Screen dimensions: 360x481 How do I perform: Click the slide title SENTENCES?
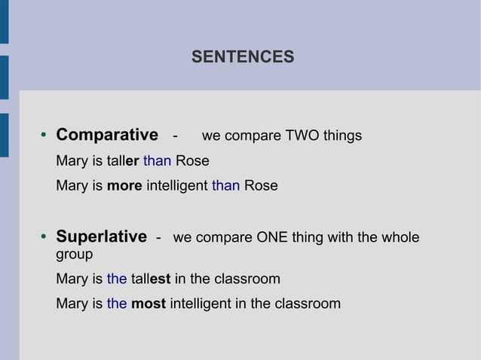click(x=243, y=56)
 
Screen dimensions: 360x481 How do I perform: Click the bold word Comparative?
click(x=107, y=136)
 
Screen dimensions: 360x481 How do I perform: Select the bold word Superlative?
click(x=101, y=237)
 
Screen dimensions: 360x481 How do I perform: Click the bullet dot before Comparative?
click(x=43, y=136)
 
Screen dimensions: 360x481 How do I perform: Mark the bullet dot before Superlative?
click(x=43, y=238)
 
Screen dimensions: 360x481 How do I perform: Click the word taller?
click(x=123, y=160)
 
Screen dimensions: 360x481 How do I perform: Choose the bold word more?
click(x=124, y=185)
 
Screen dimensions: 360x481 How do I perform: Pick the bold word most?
click(x=148, y=304)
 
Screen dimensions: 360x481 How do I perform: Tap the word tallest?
click(x=151, y=279)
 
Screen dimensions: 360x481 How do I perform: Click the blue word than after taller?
click(x=157, y=160)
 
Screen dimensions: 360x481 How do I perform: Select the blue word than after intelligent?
click(x=225, y=185)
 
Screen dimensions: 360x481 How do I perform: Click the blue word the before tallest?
click(x=117, y=279)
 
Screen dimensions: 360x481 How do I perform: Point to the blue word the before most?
click(x=117, y=304)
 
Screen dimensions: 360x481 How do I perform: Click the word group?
click(x=74, y=255)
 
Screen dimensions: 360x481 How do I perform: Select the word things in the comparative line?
click(x=342, y=136)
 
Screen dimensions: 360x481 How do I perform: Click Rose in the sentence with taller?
click(x=192, y=160)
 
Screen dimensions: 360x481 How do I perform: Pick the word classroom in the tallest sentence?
click(x=247, y=279)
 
